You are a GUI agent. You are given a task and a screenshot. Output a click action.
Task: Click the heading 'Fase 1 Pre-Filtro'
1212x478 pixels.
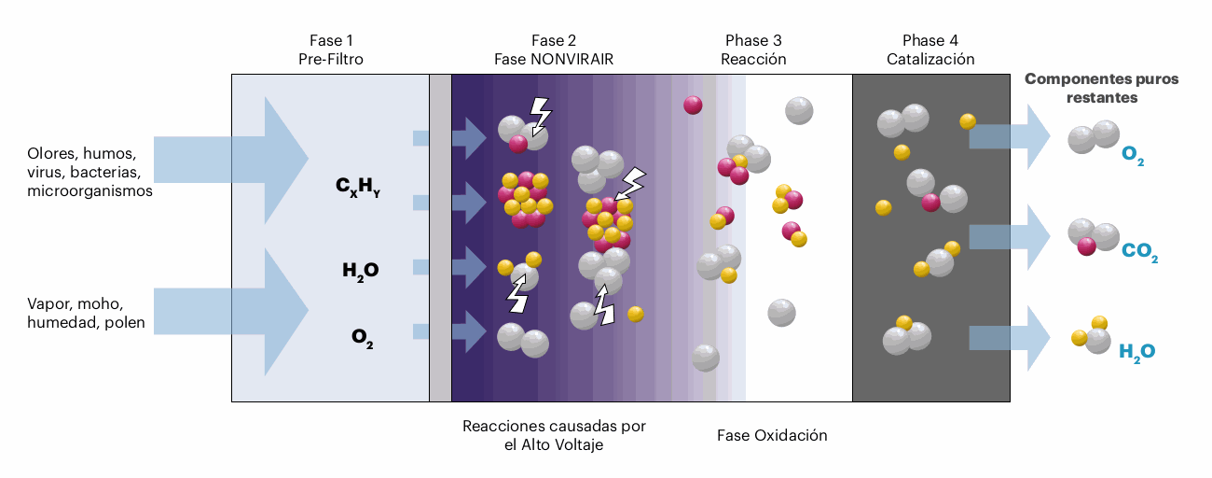click(x=331, y=49)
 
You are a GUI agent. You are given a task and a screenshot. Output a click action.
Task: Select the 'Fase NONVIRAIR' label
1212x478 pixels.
click(x=553, y=59)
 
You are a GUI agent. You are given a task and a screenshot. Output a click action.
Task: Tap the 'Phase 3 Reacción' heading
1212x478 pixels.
click(x=753, y=49)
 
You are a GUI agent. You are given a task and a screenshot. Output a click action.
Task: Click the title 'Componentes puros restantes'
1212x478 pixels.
click(x=1101, y=88)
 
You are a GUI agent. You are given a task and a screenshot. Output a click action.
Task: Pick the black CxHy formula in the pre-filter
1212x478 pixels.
click(x=358, y=187)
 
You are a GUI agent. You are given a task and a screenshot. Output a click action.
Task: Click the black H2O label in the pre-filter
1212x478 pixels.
click(x=360, y=272)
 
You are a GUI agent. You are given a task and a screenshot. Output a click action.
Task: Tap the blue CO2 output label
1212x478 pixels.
click(x=1140, y=252)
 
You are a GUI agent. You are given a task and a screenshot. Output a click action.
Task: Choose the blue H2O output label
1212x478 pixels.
click(x=1136, y=352)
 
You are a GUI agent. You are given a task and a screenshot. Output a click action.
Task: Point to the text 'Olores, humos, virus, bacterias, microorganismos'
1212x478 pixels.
click(x=90, y=172)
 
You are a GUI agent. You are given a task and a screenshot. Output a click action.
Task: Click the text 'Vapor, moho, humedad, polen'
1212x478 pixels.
click(x=88, y=315)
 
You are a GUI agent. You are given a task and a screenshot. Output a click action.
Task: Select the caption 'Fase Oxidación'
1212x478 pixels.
click(x=772, y=436)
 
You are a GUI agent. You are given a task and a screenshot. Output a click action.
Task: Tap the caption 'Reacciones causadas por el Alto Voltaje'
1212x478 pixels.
click(x=554, y=435)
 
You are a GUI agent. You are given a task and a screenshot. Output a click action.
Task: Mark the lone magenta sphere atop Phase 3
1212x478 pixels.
click(x=693, y=105)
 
